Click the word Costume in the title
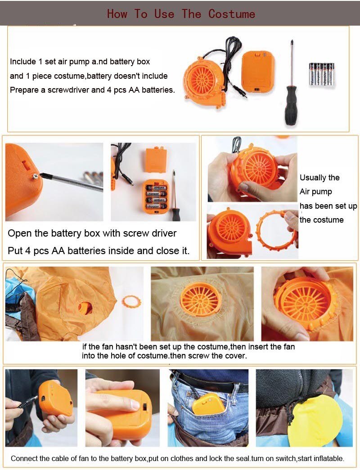pyautogui.click(x=231, y=14)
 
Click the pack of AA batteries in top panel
pyautogui.click(x=321, y=74)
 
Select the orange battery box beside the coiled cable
pyautogui.click(x=258, y=71)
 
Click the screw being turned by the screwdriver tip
pyautogui.click(x=34, y=177)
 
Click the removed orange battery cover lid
pyautogui.click(x=156, y=160)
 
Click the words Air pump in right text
pyautogui.click(x=316, y=192)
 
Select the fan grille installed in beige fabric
pyautogui.click(x=201, y=299)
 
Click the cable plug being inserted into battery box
pyautogui.click(x=31, y=400)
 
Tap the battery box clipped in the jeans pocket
pyautogui.click(x=208, y=404)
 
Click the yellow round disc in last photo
pyautogui.click(x=315, y=421)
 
